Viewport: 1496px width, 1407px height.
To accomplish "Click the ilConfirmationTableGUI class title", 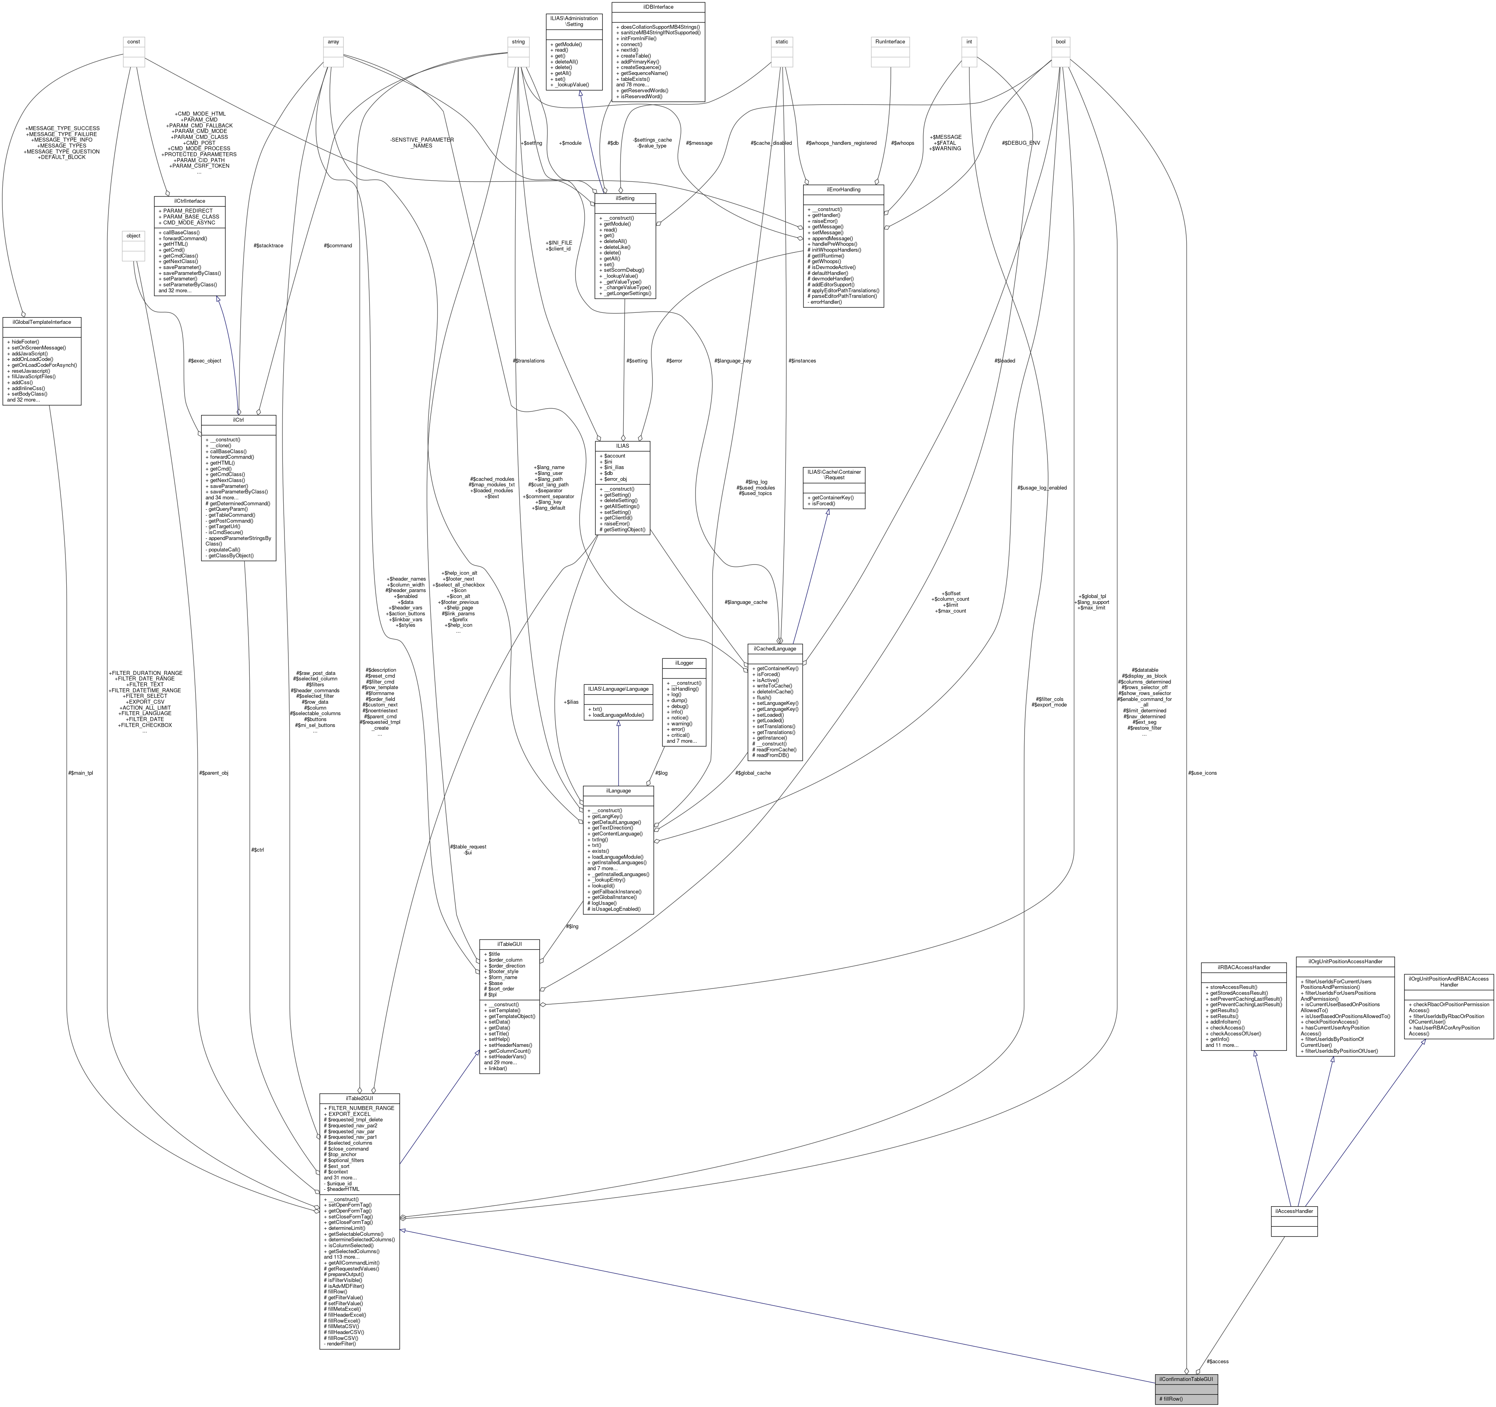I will point(1186,1379).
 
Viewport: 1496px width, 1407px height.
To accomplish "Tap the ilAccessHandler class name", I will point(1294,1211).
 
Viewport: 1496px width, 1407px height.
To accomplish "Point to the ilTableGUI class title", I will point(509,944).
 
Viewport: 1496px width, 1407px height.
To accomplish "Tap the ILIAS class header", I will point(622,445).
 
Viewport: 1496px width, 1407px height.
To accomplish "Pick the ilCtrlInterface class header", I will point(190,201).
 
